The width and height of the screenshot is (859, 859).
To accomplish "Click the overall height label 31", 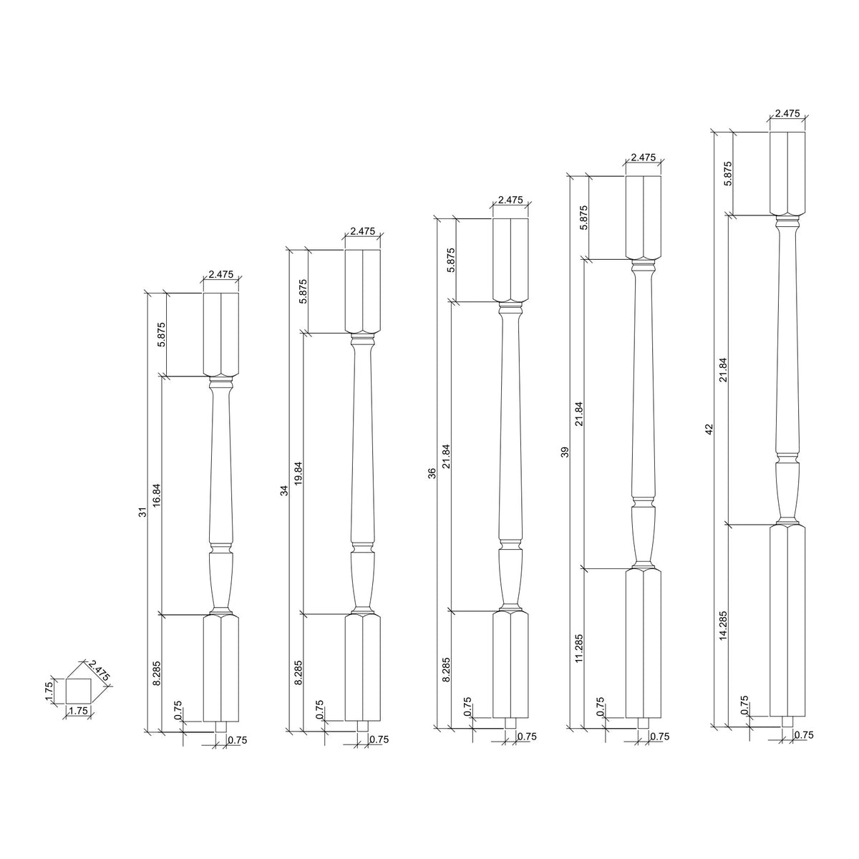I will point(142,513).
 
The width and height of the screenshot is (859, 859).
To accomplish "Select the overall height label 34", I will point(283,490).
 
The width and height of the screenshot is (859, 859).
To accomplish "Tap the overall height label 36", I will point(432,473).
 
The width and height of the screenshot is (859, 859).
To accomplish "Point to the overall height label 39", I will point(565,452).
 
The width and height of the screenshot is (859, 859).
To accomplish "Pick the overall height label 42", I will point(709,429).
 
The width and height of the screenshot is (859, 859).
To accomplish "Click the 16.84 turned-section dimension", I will point(157,495).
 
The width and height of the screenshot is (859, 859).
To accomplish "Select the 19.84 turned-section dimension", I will point(299,473).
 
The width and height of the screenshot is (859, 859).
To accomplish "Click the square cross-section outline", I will point(77,691).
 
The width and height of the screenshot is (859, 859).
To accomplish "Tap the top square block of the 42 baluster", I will point(787,173).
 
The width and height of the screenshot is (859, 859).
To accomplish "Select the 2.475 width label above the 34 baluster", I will point(362,231).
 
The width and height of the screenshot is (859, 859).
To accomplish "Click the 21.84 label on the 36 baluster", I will point(445,456).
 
